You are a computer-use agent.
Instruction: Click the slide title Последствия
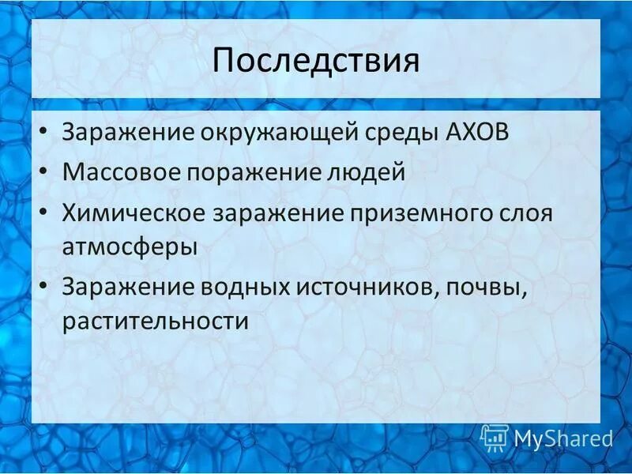(315, 62)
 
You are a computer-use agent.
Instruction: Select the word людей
(361, 172)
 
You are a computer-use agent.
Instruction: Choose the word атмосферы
(130, 246)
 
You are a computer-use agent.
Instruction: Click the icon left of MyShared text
(495, 437)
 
